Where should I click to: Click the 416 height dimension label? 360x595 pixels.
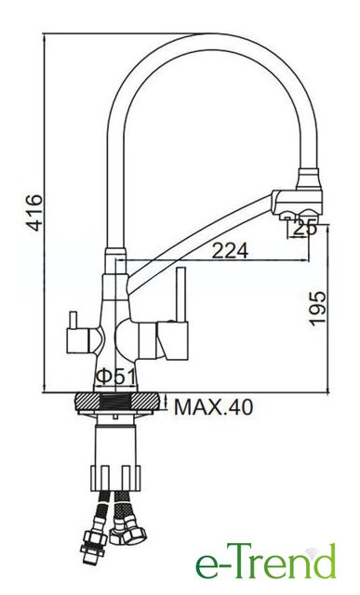[x=35, y=213]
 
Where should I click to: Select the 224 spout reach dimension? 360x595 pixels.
[x=230, y=250]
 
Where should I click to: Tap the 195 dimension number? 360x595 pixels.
[x=317, y=309]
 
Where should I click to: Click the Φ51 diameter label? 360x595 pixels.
[x=115, y=377]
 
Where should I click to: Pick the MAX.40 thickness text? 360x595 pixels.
[x=213, y=407]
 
